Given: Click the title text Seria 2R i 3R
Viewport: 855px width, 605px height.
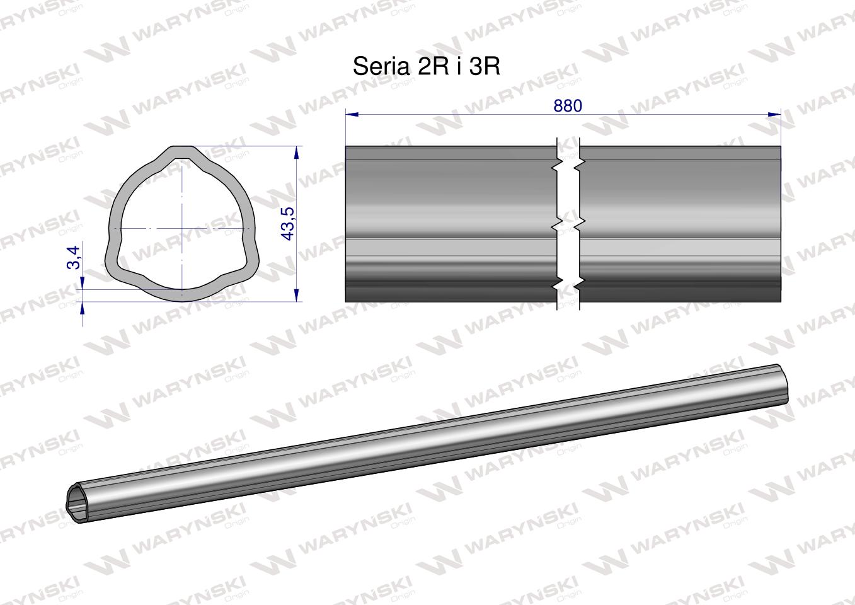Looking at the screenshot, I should (x=427, y=66).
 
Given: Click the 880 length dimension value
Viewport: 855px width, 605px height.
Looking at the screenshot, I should (x=567, y=106).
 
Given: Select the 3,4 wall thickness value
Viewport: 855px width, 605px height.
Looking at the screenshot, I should (x=74, y=257).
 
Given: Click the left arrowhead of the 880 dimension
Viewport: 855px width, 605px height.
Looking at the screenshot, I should (x=352, y=115).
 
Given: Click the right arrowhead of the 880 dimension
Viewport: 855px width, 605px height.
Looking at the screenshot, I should (x=774, y=115).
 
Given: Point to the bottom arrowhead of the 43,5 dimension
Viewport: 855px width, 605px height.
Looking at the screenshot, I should (x=296, y=295).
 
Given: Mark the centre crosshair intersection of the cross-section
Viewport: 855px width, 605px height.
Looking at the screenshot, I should (x=181, y=228).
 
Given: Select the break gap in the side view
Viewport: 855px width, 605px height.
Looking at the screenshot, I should (x=568, y=224).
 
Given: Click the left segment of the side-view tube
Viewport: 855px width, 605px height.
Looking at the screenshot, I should (x=450, y=224).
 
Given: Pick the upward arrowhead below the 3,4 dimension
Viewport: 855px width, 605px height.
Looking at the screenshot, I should (x=83, y=309).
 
